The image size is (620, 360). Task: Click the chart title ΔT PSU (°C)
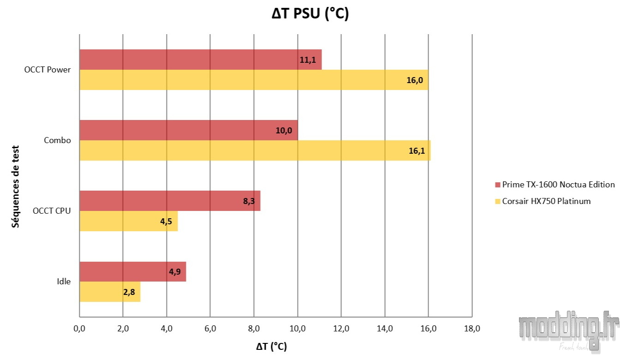[x=310, y=14]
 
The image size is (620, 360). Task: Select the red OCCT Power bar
[x=200, y=60]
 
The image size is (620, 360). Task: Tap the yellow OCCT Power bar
[x=254, y=80]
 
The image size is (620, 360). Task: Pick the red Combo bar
[x=188, y=130]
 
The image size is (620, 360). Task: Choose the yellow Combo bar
[x=255, y=150]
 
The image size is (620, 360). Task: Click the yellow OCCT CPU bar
[x=128, y=221]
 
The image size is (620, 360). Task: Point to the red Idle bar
[x=132, y=271]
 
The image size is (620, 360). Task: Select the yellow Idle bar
[x=110, y=292]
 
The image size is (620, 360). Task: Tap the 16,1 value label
[x=417, y=150]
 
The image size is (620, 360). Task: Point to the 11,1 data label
[x=308, y=60]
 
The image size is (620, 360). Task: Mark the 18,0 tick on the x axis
[x=471, y=329]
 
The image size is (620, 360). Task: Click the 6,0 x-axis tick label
[x=210, y=329]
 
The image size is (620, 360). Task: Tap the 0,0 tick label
[x=79, y=329]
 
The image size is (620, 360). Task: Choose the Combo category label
[x=57, y=140]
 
